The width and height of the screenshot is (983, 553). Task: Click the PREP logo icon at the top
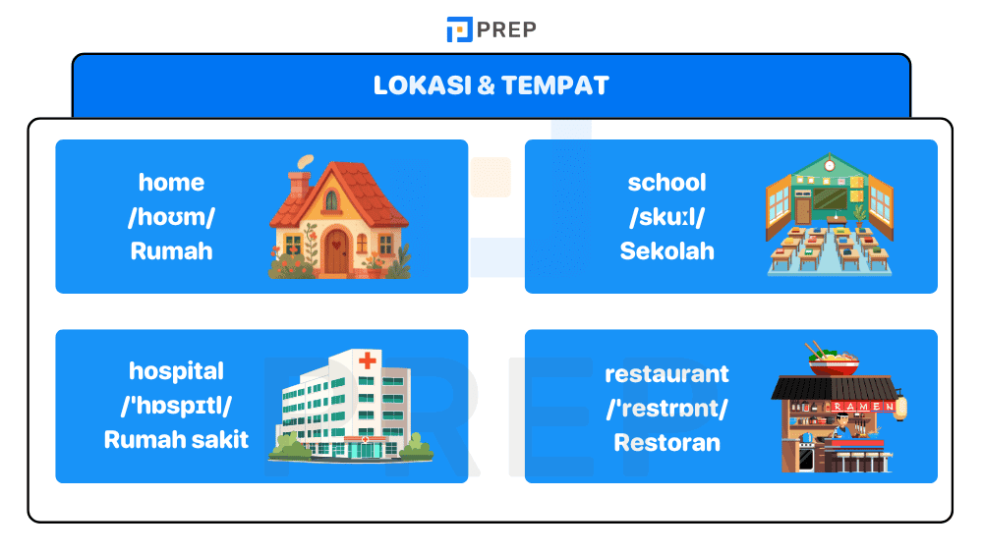pyautogui.click(x=459, y=29)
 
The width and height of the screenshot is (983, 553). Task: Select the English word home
pyautogui.click(x=171, y=183)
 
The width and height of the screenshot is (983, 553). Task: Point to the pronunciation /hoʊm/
pyautogui.click(x=171, y=217)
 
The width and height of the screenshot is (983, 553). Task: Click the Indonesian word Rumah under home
pyautogui.click(x=171, y=250)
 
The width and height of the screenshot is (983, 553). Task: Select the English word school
pyautogui.click(x=666, y=183)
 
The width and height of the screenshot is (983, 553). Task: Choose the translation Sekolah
pyautogui.click(x=666, y=250)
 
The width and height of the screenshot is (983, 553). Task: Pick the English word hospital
pyautogui.click(x=176, y=371)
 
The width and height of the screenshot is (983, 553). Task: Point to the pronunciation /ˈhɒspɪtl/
pyautogui.click(x=176, y=406)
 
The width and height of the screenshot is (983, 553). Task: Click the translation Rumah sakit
pyautogui.click(x=176, y=439)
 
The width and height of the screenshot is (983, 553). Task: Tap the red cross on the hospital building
pyautogui.click(x=367, y=361)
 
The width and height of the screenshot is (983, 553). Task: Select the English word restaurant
pyautogui.click(x=666, y=374)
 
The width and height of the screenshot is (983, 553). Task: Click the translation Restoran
pyautogui.click(x=666, y=443)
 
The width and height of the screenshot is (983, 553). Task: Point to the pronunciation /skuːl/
pyautogui.click(x=666, y=217)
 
